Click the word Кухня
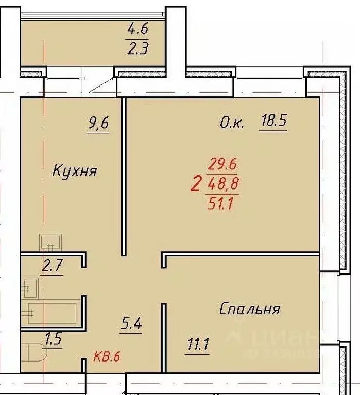75,171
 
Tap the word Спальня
250,309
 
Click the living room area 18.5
273,122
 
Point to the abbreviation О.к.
232,123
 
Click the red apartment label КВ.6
107,357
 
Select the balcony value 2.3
137,50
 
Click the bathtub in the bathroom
52,313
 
